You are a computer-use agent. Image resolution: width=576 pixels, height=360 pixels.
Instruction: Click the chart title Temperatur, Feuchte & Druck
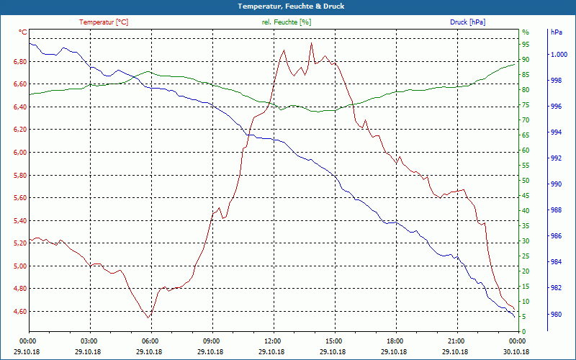288,6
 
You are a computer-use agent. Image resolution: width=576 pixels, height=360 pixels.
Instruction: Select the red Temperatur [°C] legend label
104,22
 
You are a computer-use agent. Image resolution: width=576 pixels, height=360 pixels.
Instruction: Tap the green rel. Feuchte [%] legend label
287,22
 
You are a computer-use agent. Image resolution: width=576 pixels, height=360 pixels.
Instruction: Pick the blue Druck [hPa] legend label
467,22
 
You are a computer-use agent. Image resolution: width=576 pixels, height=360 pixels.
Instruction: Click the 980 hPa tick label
556,315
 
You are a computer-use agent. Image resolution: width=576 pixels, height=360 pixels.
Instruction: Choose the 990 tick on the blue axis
556,184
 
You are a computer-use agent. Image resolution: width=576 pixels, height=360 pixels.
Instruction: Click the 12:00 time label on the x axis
273,341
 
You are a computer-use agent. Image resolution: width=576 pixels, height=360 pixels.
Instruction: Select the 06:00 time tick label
150,341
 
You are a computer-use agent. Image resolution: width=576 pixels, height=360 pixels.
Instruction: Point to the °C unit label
23,32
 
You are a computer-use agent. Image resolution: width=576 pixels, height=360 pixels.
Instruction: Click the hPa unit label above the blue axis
556,32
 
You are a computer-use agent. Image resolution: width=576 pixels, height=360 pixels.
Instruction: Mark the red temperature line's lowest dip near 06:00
148,318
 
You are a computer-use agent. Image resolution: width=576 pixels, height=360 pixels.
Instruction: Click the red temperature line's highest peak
311,43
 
